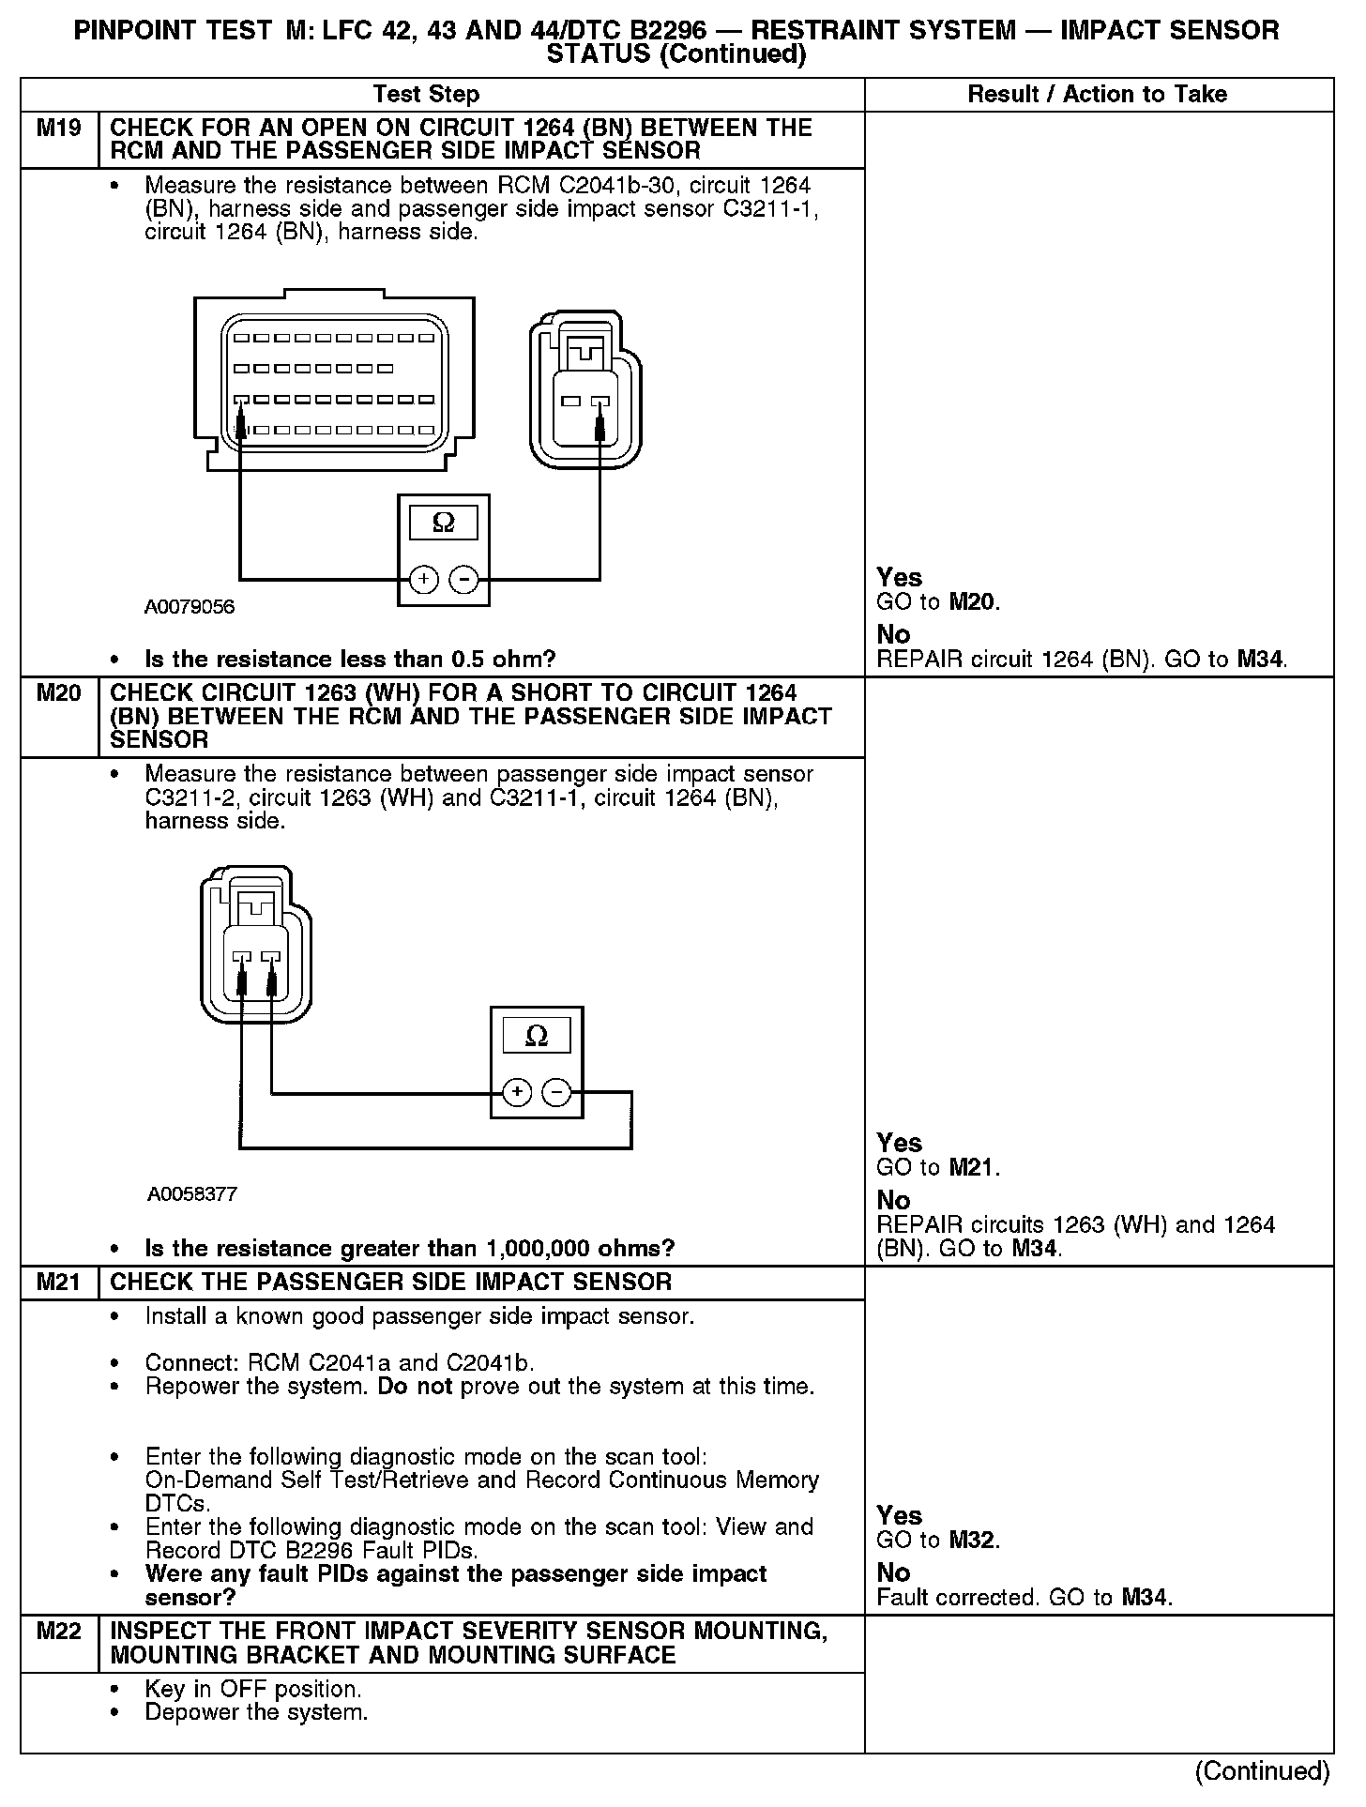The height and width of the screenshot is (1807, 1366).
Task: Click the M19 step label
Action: point(58,129)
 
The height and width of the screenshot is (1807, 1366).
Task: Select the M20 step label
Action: point(58,694)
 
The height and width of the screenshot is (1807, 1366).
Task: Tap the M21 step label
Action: point(58,1283)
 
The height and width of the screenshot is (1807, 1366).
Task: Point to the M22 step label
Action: point(58,1632)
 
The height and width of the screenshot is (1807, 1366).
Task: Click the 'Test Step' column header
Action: point(426,95)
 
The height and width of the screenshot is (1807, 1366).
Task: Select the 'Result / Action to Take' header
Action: point(1097,95)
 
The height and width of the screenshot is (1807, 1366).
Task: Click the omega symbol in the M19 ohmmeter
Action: point(443,523)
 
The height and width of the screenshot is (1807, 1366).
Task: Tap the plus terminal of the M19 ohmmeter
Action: point(424,580)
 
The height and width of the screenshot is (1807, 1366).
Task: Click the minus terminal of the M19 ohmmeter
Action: point(463,580)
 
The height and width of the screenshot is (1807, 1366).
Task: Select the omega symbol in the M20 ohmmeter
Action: point(537,1036)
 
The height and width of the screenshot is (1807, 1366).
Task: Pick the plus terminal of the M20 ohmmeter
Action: point(517,1092)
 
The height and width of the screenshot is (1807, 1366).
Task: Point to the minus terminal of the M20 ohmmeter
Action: point(557,1092)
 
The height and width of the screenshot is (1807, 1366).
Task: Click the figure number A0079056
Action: point(190,607)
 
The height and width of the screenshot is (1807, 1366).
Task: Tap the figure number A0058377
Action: point(192,1194)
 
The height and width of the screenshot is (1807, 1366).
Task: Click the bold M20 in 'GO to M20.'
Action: point(973,602)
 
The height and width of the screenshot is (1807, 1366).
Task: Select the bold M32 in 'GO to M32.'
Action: point(973,1541)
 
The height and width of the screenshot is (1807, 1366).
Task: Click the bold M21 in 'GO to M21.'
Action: point(973,1168)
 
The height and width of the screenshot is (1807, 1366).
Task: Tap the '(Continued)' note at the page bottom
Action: point(1262,1771)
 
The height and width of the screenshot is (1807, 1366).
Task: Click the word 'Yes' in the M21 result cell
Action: point(899,1515)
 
